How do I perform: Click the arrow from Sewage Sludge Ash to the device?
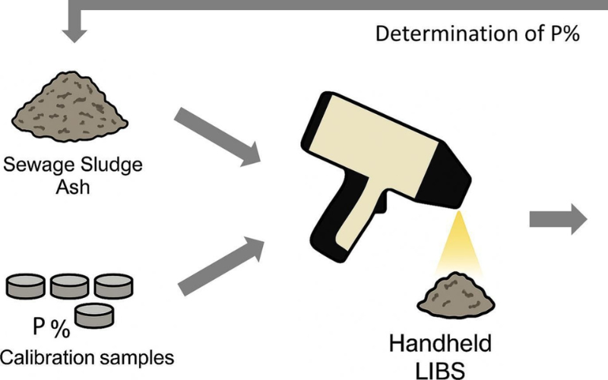[x=217, y=137]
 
